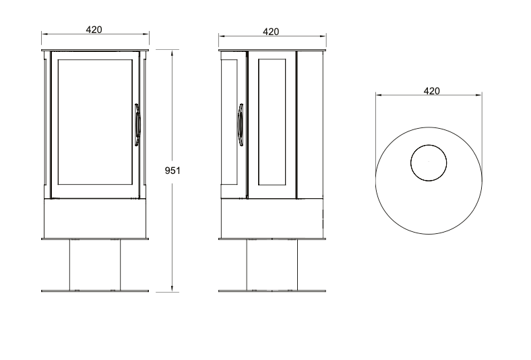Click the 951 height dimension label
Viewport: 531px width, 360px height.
pyautogui.click(x=173, y=171)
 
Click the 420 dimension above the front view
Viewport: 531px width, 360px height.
pyautogui.click(x=94, y=30)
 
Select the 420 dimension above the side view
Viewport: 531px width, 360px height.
pyautogui.click(x=271, y=32)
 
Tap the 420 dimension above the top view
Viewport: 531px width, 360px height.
pyautogui.click(x=432, y=91)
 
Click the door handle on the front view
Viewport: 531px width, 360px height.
pyautogui.click(x=137, y=125)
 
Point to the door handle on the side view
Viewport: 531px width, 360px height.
pyautogui.click(x=240, y=125)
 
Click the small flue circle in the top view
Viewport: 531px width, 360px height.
pyautogui.click(x=429, y=163)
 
